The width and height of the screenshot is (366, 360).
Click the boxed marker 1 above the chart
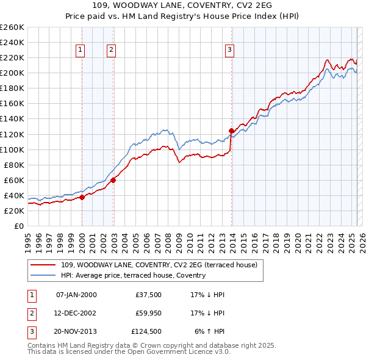tap(81, 51)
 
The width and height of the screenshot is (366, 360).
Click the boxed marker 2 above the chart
tap(112, 51)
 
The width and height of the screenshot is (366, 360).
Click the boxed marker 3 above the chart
tap(229, 51)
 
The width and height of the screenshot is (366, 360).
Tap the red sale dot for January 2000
tap(82, 197)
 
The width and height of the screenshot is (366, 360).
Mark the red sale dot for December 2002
tap(113, 180)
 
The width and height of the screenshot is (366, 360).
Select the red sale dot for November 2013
tap(231, 130)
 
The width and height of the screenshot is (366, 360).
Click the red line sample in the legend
tap(43, 265)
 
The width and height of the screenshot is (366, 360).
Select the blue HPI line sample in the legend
tap(43, 275)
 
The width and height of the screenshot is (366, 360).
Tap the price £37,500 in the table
tap(149, 295)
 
